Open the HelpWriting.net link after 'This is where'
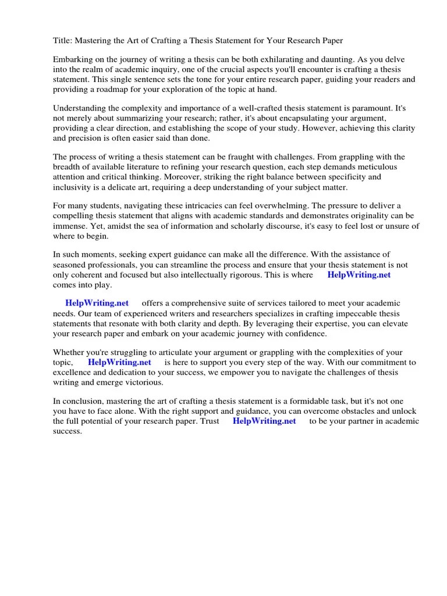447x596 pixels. click(359, 275)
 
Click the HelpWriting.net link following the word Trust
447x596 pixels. click(264, 421)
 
